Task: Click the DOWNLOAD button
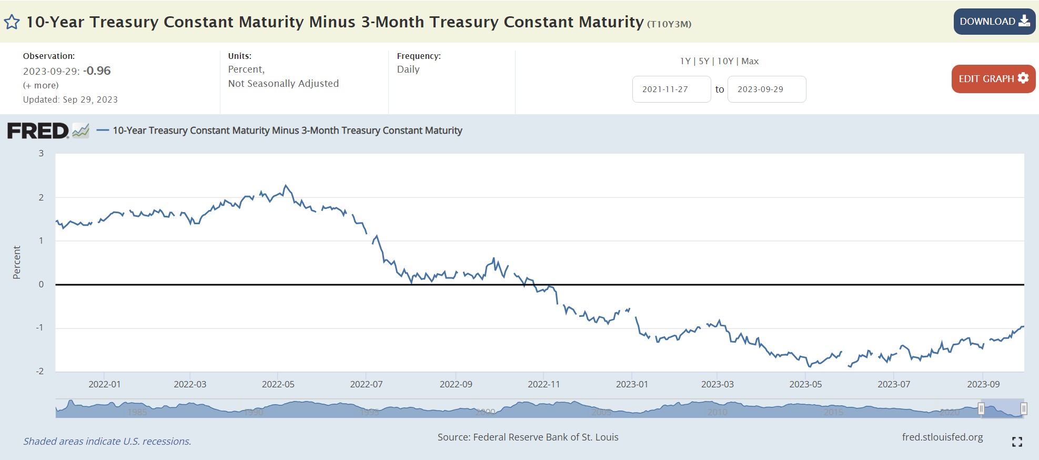[994, 22]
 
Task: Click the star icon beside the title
[12, 22]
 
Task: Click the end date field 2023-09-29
[766, 89]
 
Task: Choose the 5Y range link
[704, 61]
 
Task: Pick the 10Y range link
[725, 61]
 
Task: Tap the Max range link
[750, 61]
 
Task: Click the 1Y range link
[685, 61]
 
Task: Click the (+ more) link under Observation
[41, 85]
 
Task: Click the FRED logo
[38, 131]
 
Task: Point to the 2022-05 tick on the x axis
[278, 384]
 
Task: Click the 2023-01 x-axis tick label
[632, 384]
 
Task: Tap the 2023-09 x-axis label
[983, 384]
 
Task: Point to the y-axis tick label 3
[41, 153]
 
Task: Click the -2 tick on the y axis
[40, 371]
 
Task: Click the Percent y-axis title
[17, 262]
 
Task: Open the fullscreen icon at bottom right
[1017, 442]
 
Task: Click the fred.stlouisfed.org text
[942, 437]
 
